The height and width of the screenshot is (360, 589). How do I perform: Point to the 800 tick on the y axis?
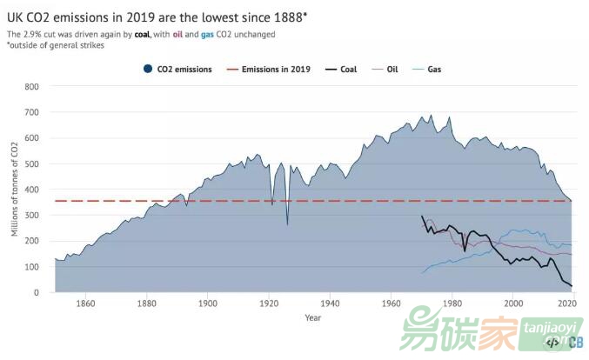coord(32,87)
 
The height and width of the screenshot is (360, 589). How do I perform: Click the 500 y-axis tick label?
coord(32,163)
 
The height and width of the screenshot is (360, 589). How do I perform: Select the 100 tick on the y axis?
coord(32,267)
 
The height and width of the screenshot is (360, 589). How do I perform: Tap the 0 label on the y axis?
coord(37,292)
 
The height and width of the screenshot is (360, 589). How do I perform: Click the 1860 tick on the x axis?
coord(85,304)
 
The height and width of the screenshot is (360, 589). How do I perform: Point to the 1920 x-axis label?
coord(269,304)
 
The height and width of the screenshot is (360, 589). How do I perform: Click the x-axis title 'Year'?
coord(313,317)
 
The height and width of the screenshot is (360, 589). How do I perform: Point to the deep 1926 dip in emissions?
coord(287,223)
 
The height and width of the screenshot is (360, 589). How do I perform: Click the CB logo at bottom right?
coord(576,343)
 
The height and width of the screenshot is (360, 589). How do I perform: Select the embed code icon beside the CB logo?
coord(552,343)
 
